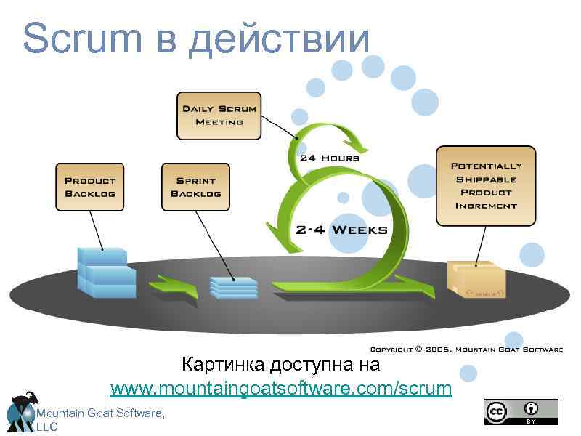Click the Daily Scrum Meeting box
point(219,115)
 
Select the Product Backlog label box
point(90,187)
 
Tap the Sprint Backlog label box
point(195,187)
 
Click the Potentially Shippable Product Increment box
point(486,185)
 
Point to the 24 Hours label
point(329,157)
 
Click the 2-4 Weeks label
point(341,230)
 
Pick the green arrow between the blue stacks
point(173,287)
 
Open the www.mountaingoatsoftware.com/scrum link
point(280,389)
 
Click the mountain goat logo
point(22,411)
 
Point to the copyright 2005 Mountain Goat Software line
point(466,350)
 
